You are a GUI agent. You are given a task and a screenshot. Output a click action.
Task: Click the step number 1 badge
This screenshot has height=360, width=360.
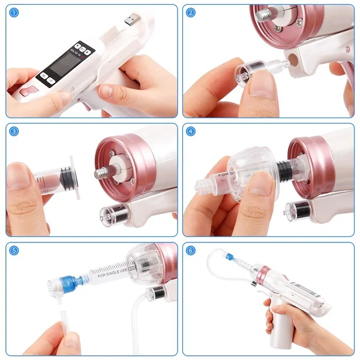14,13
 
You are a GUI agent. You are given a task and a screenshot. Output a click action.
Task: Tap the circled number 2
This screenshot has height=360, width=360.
191,13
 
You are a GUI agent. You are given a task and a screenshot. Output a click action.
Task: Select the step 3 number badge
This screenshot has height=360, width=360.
14,131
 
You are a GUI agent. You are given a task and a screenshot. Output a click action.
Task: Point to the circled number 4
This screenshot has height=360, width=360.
191,131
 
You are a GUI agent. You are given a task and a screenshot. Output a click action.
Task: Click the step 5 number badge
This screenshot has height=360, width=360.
14,250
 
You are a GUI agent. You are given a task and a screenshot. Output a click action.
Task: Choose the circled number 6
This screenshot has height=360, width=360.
191,250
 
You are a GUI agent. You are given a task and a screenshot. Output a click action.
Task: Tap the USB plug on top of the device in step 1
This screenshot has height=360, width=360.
130,20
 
